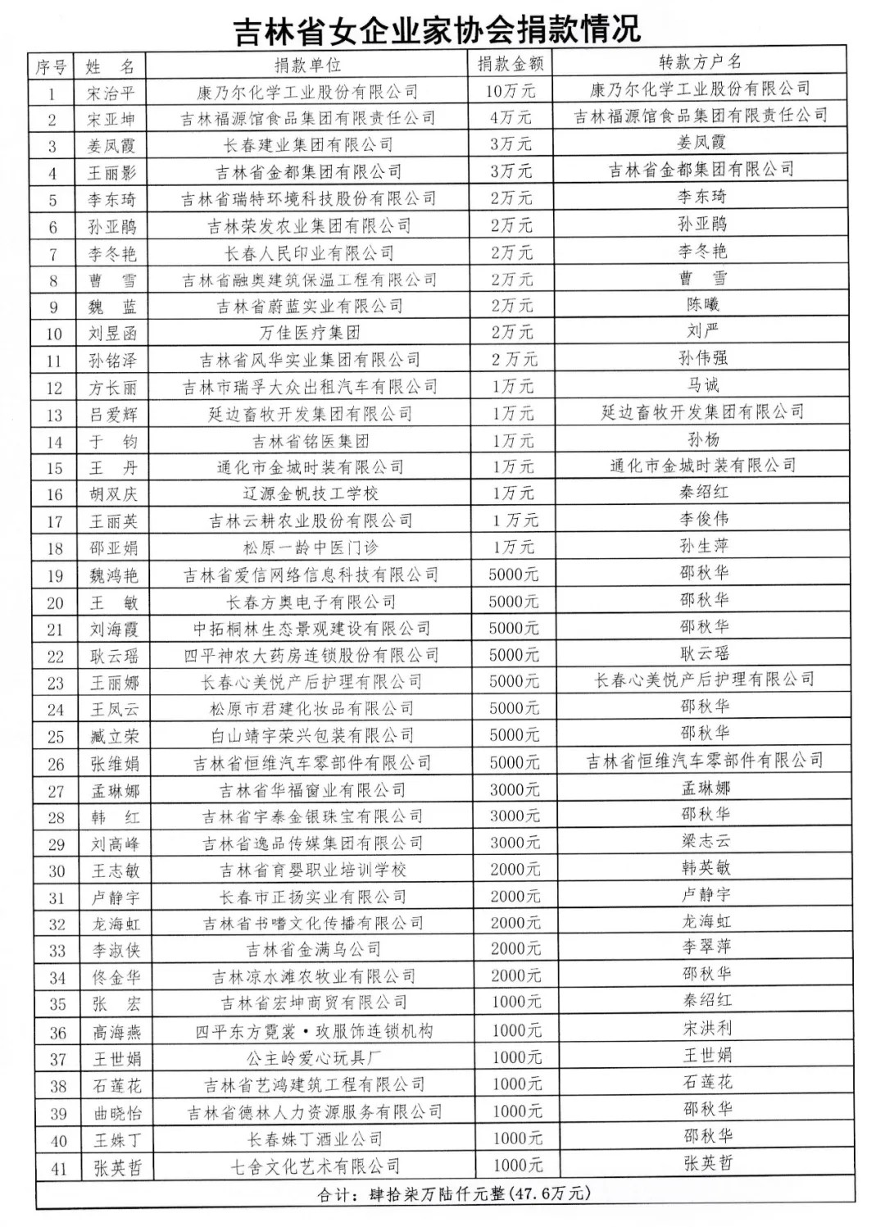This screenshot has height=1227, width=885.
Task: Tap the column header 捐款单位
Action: pyautogui.click(x=307, y=65)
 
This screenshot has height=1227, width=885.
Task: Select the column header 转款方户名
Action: pyautogui.click(x=701, y=62)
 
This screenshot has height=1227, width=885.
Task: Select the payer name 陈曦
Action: pyautogui.click(x=703, y=305)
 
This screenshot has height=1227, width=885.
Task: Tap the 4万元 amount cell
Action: pyautogui.click(x=511, y=118)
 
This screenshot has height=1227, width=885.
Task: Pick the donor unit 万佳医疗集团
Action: pyautogui.click(x=310, y=333)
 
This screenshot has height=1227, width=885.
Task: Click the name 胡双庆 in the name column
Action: pyautogui.click(x=113, y=494)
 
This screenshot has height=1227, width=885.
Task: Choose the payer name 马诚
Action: pyautogui.click(x=703, y=385)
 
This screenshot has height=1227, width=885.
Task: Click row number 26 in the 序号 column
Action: pyautogui.click(x=56, y=764)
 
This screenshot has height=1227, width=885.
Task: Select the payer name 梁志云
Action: pyautogui.click(x=706, y=841)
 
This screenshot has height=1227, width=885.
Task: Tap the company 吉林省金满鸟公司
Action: pyautogui.click(x=314, y=950)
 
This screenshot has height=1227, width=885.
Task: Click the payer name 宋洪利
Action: pyautogui.click(x=707, y=1028)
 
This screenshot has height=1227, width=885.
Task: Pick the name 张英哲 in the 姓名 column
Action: pyautogui.click(x=117, y=1168)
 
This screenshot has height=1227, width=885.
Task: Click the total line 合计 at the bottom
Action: pyautogui.click(x=453, y=1193)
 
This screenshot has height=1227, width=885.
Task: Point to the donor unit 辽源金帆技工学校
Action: pyautogui.click(x=311, y=493)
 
